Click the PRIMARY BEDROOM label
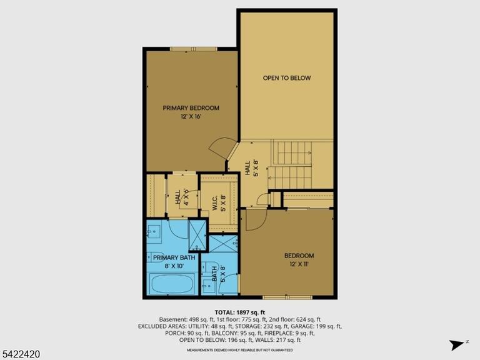point(191,108)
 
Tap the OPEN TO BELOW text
point(287,78)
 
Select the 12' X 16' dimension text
point(191,117)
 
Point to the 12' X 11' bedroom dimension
point(299,264)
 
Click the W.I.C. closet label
point(215,202)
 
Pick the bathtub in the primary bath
point(172,284)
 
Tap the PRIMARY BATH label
point(174,257)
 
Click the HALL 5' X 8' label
point(252,168)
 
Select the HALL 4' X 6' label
point(182,197)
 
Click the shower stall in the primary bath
point(197,235)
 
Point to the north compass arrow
point(457,345)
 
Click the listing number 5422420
point(20,354)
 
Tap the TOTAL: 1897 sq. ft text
point(240,312)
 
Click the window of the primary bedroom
point(194,49)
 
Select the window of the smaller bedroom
point(287,297)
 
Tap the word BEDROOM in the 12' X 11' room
point(299,256)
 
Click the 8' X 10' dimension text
point(174,266)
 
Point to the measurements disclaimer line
point(240,350)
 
